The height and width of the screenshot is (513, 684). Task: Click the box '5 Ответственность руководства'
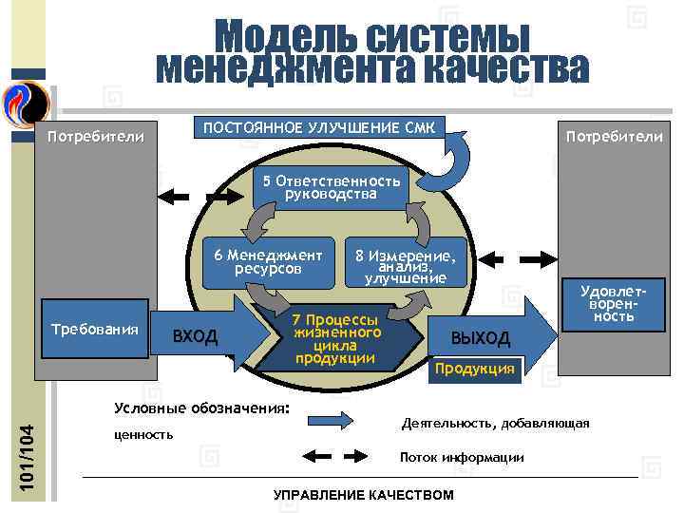click(331, 187)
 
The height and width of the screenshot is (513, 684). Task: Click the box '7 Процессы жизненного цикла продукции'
click(336, 338)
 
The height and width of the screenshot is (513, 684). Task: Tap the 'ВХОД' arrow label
click(195, 336)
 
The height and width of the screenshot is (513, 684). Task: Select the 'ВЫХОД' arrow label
click(480, 338)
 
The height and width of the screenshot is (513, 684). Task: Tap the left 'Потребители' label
click(96, 138)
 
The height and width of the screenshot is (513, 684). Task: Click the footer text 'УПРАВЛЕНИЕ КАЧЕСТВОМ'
click(363, 496)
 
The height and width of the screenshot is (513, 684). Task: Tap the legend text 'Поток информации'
click(462, 458)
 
